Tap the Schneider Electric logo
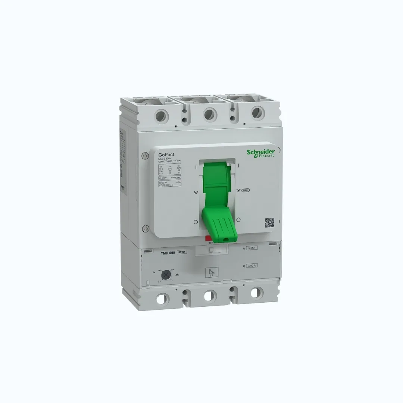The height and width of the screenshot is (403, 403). (260, 153)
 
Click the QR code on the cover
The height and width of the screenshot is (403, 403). (269, 222)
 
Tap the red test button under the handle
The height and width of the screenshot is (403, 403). (208, 238)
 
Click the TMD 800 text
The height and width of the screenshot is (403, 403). (168, 253)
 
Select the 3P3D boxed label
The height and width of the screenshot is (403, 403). (181, 253)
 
